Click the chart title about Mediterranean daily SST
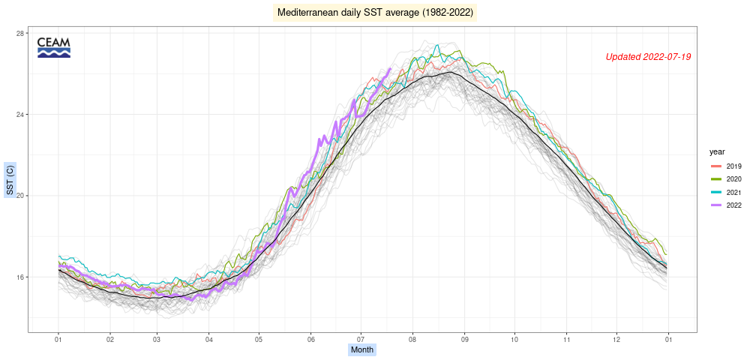[375, 13]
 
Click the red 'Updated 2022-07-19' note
[648, 57]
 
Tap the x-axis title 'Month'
[362, 349]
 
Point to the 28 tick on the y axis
[20, 34]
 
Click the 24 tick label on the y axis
[20, 115]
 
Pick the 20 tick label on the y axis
[20, 196]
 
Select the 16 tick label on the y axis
[20, 277]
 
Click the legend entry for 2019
[726, 166]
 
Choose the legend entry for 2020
[726, 179]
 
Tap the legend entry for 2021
[726, 193]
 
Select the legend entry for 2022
[726, 205]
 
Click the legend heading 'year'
[717, 151]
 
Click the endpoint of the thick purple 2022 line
[390, 69]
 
